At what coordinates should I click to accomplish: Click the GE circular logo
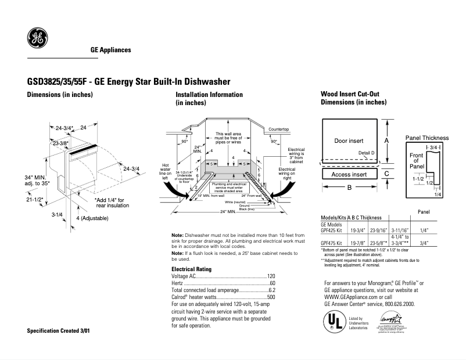click(37, 39)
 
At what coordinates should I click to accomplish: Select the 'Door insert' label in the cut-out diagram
click(349, 141)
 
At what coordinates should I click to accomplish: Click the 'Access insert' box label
click(349, 174)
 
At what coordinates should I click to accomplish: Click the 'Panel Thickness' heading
click(427, 138)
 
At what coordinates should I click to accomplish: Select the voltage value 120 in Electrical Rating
click(271, 277)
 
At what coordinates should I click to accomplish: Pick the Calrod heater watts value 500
click(271, 298)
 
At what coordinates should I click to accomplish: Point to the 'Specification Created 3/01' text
click(59, 330)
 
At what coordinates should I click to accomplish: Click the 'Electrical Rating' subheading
click(191, 269)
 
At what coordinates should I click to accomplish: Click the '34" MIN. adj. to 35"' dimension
click(37, 180)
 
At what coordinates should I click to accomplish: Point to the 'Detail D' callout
click(367, 153)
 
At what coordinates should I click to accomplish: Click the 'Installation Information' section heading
click(209, 95)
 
